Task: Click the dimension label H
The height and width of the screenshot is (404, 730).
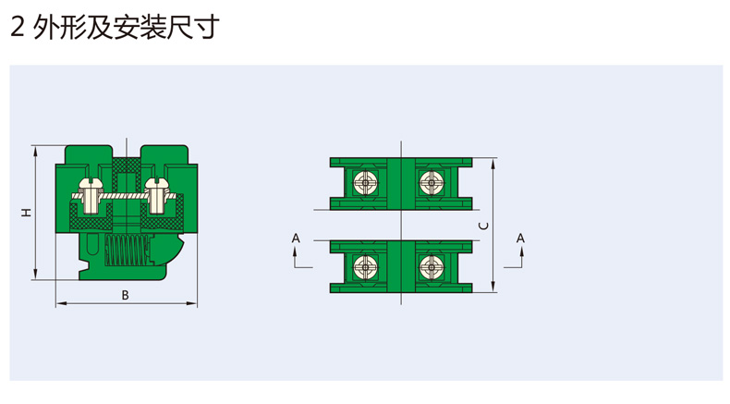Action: (x=27, y=212)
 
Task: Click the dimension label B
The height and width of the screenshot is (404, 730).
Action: (x=125, y=296)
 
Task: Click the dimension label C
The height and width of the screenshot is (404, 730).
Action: (x=484, y=226)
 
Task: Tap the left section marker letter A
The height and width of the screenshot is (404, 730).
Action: (x=296, y=239)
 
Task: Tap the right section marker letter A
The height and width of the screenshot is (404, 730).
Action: (x=520, y=239)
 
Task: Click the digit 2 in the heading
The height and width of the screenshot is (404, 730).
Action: (x=18, y=28)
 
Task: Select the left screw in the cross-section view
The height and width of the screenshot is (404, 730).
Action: (x=90, y=196)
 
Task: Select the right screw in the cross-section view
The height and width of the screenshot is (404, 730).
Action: (x=156, y=196)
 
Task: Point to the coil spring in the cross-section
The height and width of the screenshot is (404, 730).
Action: (x=128, y=251)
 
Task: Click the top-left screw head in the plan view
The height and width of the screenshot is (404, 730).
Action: (x=365, y=183)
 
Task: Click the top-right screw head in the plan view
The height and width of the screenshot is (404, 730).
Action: (x=431, y=183)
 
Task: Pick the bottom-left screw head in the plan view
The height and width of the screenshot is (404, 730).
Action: (x=365, y=267)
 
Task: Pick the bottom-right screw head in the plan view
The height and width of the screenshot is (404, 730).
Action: (x=431, y=267)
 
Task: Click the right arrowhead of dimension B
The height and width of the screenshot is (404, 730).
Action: (x=192, y=304)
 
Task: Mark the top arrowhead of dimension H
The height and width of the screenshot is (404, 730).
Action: (x=35, y=151)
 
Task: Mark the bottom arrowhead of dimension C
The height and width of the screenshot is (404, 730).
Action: (x=493, y=287)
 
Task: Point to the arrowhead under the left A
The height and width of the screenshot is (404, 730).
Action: (x=296, y=252)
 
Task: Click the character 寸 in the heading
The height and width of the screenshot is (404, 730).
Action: (x=205, y=28)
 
